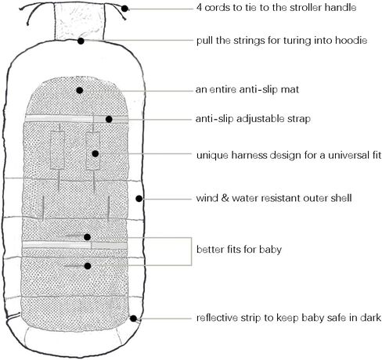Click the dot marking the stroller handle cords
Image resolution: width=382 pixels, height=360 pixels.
coord(125,9)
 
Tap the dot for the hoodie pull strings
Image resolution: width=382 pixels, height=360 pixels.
coord(81,41)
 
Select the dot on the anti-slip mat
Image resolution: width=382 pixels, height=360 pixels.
coord(80,90)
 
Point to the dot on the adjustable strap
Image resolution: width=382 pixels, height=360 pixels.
coord(109,119)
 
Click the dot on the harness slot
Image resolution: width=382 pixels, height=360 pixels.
coord(95,153)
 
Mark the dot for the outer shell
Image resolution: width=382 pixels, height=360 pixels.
coord(139,199)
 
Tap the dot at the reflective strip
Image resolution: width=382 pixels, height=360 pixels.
coord(133,319)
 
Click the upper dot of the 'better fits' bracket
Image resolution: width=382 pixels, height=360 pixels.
coord(87,237)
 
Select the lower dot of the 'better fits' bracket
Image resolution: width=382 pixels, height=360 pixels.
coord(88,266)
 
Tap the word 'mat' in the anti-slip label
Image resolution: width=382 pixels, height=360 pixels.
coord(290,89)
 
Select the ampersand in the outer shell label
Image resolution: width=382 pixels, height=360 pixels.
coord(225,198)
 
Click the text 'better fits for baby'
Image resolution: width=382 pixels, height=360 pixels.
coord(239,250)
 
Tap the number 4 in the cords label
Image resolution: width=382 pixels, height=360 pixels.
coord(200,8)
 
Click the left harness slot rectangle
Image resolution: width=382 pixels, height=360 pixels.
coord(57,150)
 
